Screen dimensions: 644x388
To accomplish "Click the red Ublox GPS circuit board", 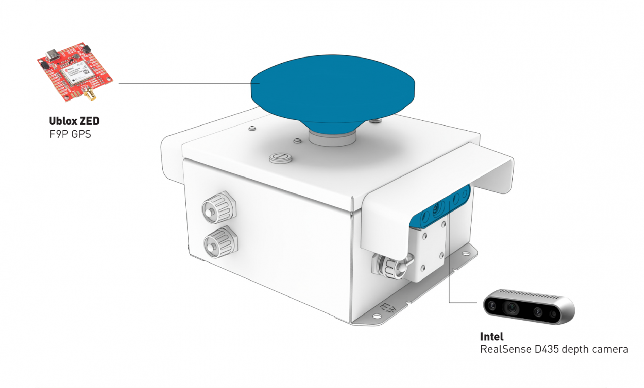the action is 75,71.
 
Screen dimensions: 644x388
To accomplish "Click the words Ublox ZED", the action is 74,121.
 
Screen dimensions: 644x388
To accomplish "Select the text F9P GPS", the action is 70,134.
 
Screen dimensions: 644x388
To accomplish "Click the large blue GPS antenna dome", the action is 332,92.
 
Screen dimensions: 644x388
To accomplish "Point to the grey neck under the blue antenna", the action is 332,139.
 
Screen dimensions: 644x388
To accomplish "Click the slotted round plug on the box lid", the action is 280,158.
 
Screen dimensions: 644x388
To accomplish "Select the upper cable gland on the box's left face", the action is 219,207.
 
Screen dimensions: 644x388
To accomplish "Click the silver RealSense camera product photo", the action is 528,306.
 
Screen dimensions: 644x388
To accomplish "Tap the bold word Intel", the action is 492,336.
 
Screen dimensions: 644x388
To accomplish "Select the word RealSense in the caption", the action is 506,349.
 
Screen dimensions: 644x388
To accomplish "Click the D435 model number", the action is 547,349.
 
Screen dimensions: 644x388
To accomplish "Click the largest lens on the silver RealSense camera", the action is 512,308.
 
